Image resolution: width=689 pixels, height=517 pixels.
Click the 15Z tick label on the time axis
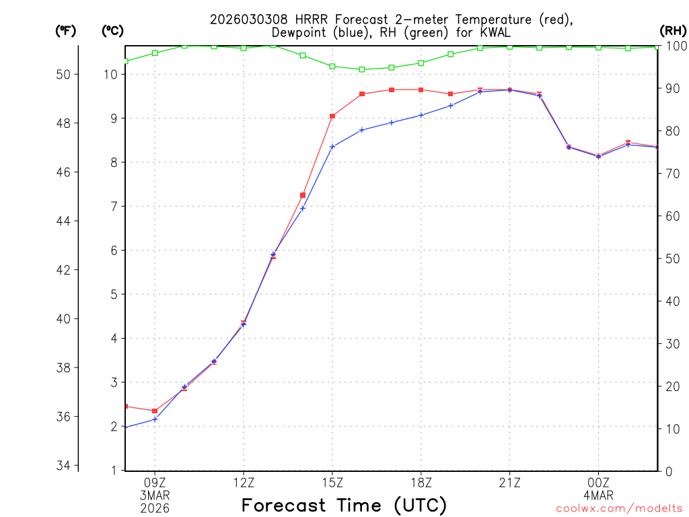(x=332, y=482)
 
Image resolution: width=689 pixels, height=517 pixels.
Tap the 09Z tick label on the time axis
(x=155, y=482)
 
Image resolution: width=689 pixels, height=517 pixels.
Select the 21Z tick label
(x=509, y=482)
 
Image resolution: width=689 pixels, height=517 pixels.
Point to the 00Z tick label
(x=598, y=482)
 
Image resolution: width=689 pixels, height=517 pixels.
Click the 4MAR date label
(x=598, y=495)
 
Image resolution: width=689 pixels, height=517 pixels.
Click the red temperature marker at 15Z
(x=332, y=116)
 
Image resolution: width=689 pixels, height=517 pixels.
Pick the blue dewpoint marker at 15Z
(x=332, y=146)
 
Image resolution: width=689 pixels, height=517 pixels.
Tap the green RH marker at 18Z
(x=421, y=63)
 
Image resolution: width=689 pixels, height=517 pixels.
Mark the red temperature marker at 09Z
(x=155, y=411)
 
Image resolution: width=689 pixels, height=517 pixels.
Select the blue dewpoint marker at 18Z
(x=421, y=115)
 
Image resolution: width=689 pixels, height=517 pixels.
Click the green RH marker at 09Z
(x=155, y=53)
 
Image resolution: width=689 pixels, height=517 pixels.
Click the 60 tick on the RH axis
(x=670, y=216)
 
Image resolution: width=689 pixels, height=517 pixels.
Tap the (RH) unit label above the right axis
(x=673, y=31)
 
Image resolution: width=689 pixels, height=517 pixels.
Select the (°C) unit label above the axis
(x=112, y=31)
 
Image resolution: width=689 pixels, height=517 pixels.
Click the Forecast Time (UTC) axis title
(x=344, y=505)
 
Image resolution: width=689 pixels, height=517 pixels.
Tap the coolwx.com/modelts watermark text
(x=619, y=508)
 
